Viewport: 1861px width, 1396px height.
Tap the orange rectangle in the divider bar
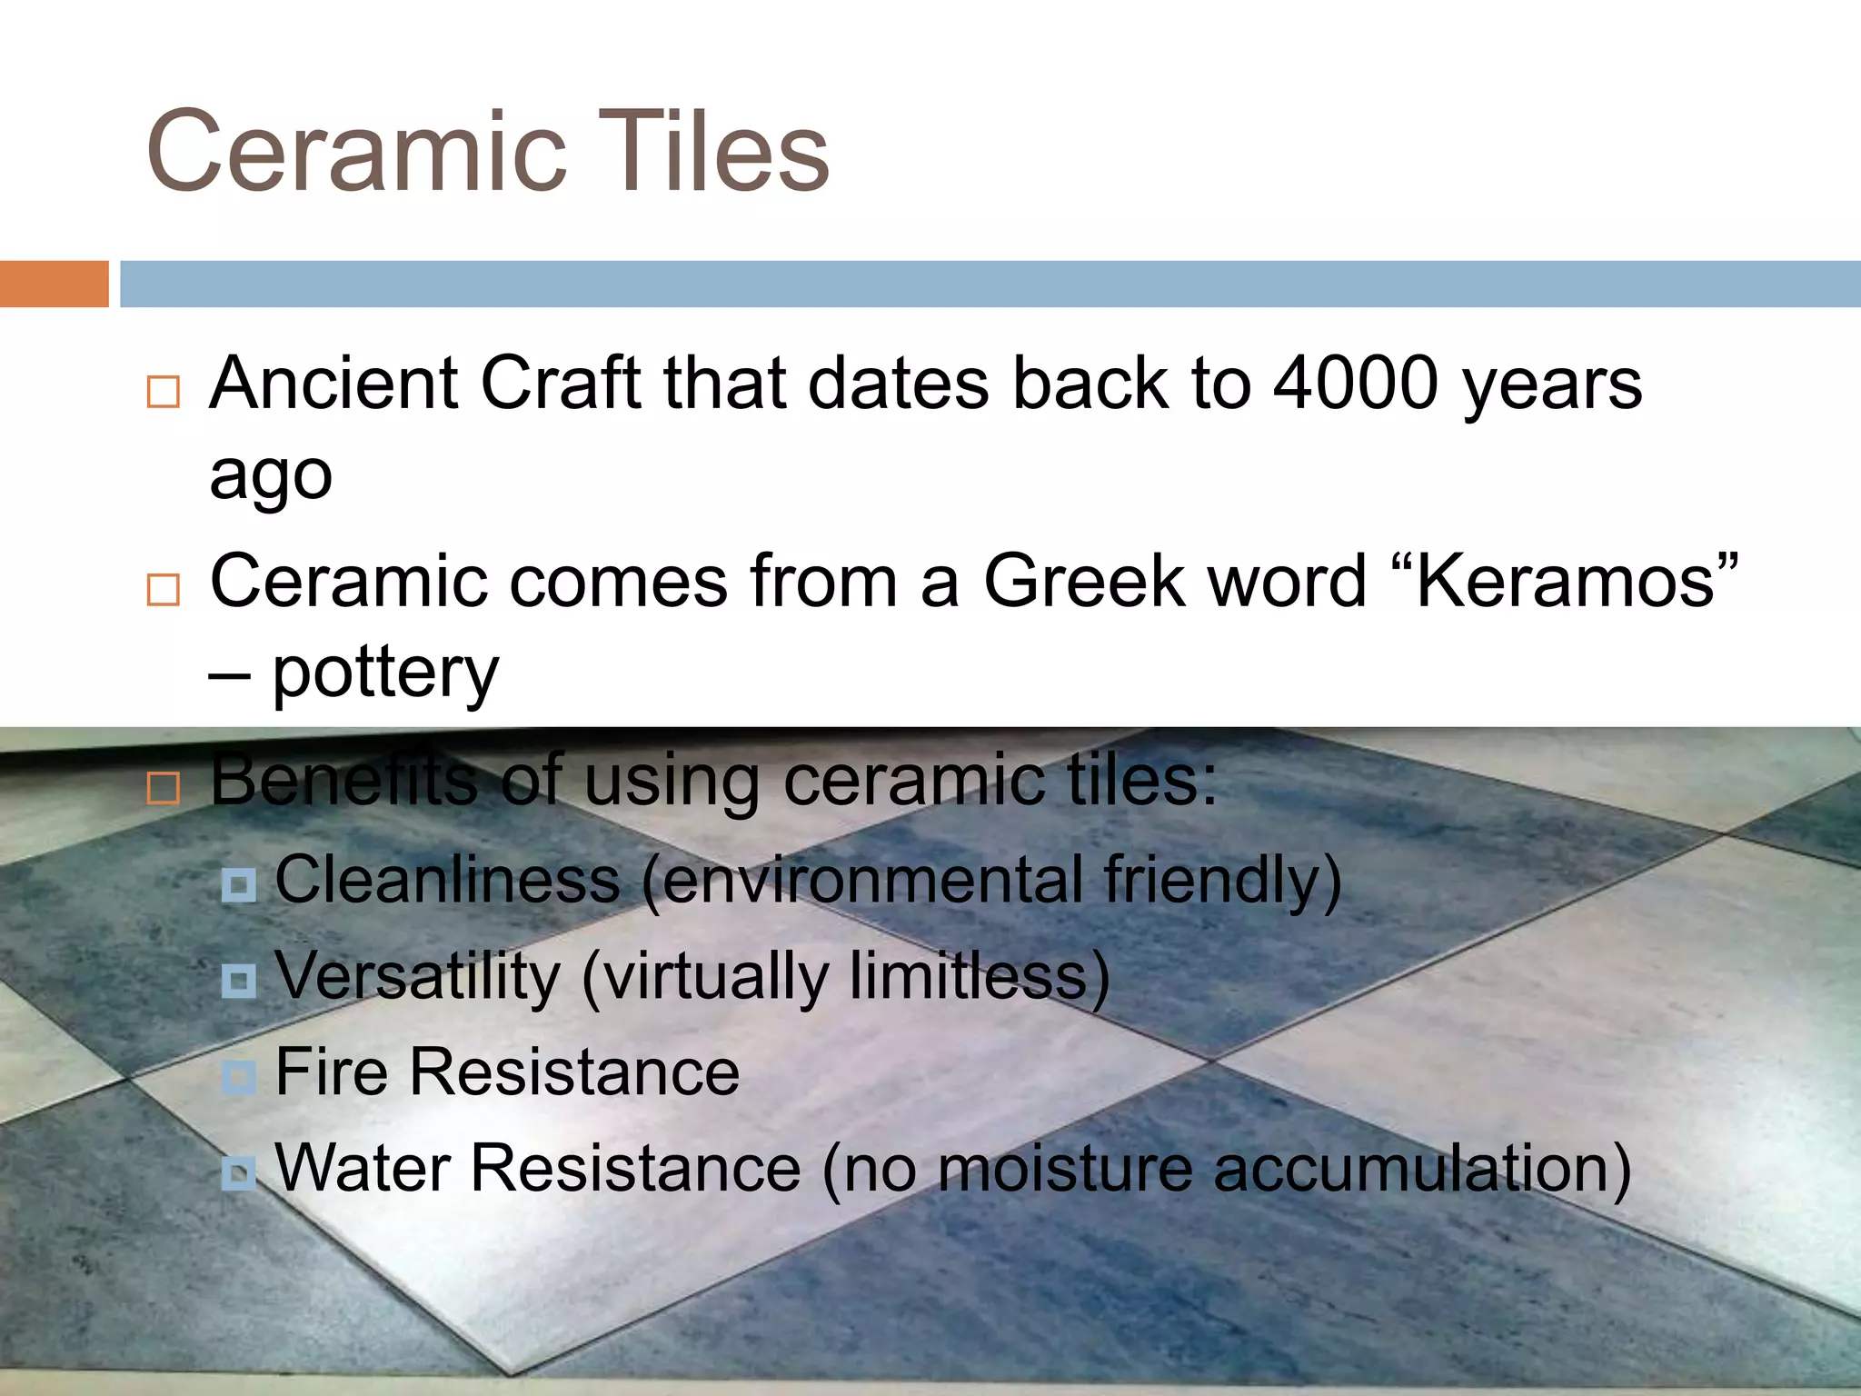click(54, 284)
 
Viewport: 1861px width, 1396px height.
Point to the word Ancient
click(334, 384)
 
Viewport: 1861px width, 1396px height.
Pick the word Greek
click(1084, 582)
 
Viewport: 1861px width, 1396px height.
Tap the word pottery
click(385, 674)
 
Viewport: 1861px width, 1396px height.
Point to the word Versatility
click(418, 977)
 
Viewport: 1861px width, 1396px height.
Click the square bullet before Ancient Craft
click(164, 393)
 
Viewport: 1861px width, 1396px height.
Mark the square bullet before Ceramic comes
click(164, 591)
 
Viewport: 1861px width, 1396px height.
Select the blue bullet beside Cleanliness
click(239, 884)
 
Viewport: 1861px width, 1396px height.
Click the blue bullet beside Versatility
click(239, 981)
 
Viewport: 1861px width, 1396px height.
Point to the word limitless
click(968, 977)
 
